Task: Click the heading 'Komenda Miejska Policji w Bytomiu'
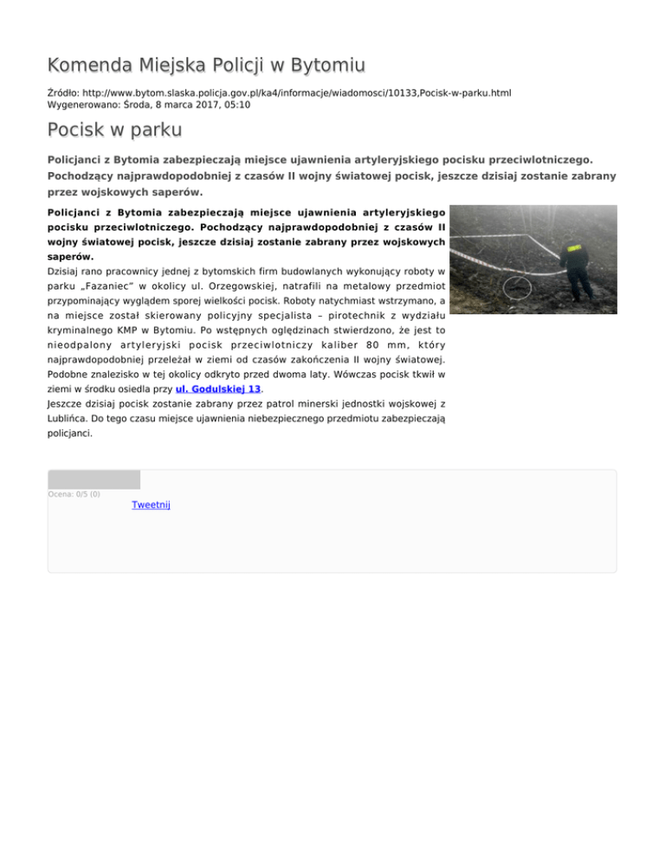click(x=206, y=65)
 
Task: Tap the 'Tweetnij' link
click(x=151, y=504)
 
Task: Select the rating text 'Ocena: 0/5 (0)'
click(x=74, y=494)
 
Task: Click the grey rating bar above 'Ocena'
click(x=94, y=479)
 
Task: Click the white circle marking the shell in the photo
click(x=520, y=286)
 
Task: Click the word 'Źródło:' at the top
click(x=63, y=91)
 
